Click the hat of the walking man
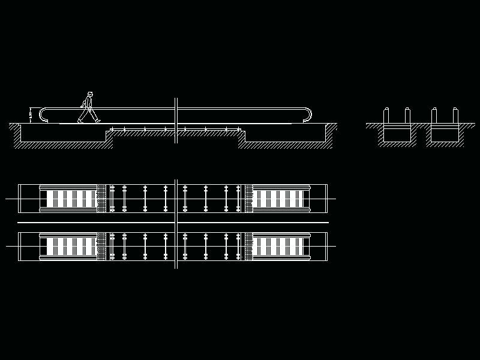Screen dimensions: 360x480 pos(89,93)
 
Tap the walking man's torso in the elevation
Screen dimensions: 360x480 pos(89,104)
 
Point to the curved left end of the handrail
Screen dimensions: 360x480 pos(42,114)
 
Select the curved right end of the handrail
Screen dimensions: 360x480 pos(310,114)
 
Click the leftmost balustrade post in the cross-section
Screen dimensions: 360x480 pos(386,115)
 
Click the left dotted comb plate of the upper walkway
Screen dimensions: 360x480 pos(101,198)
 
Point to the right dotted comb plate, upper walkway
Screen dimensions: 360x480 pos(248,198)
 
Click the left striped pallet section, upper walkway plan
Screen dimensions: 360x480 pos(71,199)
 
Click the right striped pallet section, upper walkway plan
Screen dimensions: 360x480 pos(280,199)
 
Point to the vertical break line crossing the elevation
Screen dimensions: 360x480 pos(176,120)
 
